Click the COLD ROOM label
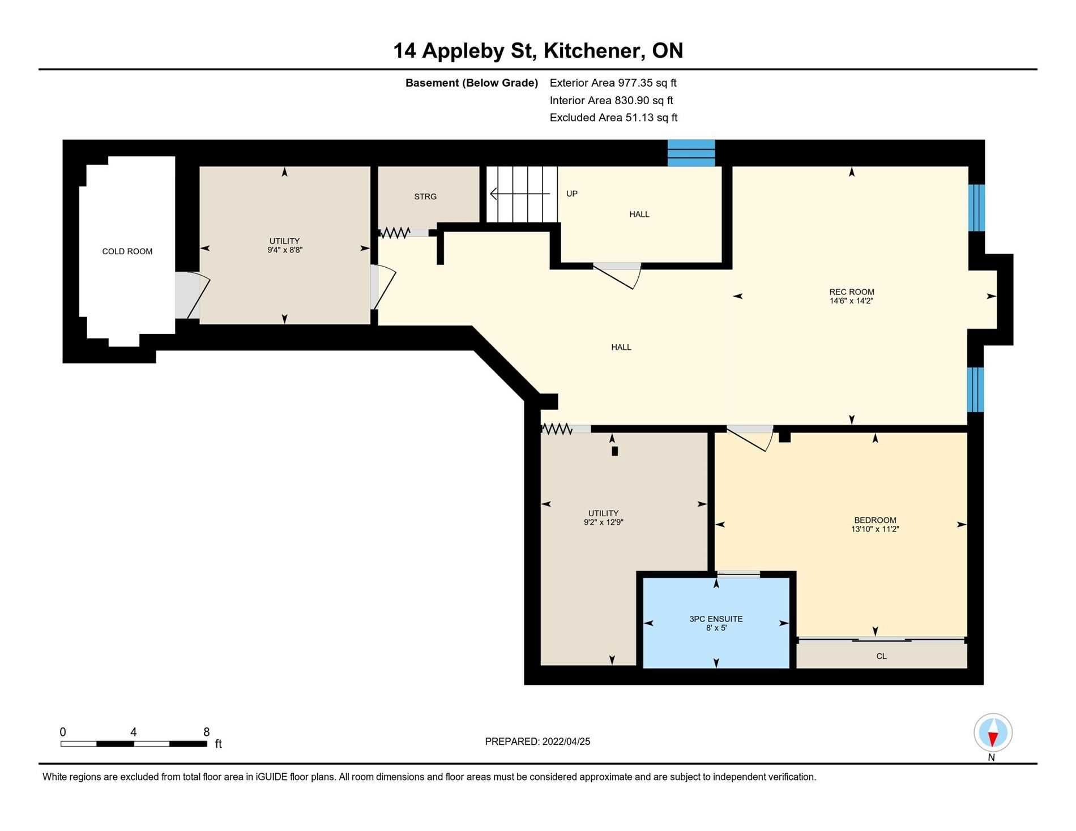click(x=127, y=251)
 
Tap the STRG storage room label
click(x=425, y=196)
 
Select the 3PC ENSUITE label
click(x=716, y=619)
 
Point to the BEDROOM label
click(x=875, y=520)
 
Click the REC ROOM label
click(x=852, y=292)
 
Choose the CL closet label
click(x=881, y=656)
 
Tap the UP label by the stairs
click(x=572, y=194)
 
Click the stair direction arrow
click(x=520, y=194)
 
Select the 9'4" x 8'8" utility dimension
click(x=285, y=250)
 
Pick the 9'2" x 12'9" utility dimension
click(x=604, y=522)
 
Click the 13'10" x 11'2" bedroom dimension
click(x=875, y=529)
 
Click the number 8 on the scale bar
click(x=207, y=731)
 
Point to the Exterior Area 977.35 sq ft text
click(x=613, y=83)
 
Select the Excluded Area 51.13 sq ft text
click(x=614, y=118)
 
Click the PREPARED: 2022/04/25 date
click(x=537, y=742)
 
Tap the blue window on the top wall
click(x=691, y=153)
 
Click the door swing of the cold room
click(x=193, y=295)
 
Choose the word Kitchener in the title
click(x=594, y=51)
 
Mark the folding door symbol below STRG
click(x=395, y=232)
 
